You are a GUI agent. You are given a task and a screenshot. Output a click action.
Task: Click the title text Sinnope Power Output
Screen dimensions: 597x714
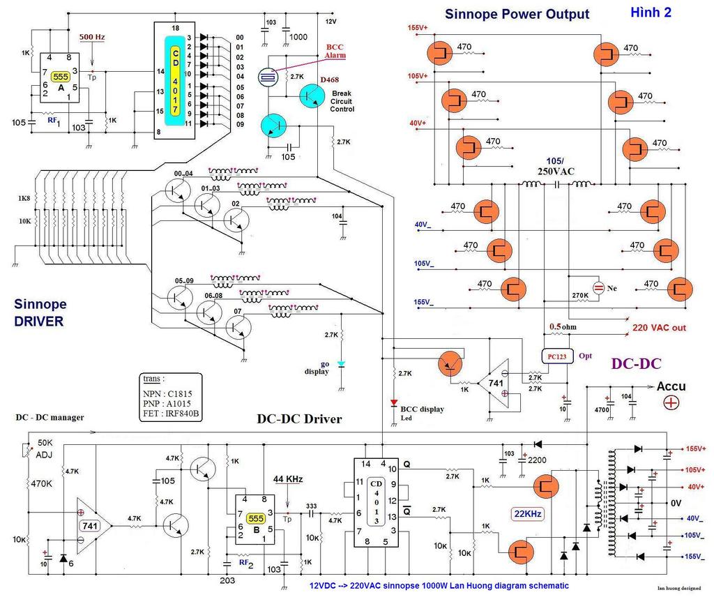pos(517,14)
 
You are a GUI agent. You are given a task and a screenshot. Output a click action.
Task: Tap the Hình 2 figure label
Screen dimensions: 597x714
pos(651,12)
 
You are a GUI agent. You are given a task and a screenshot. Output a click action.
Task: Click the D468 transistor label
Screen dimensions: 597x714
pos(330,81)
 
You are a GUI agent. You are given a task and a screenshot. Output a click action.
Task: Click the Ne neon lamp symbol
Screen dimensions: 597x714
pos(598,287)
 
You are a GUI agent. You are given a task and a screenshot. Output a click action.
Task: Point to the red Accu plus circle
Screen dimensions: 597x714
pos(671,402)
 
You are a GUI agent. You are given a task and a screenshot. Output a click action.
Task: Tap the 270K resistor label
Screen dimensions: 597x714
pos(580,295)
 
